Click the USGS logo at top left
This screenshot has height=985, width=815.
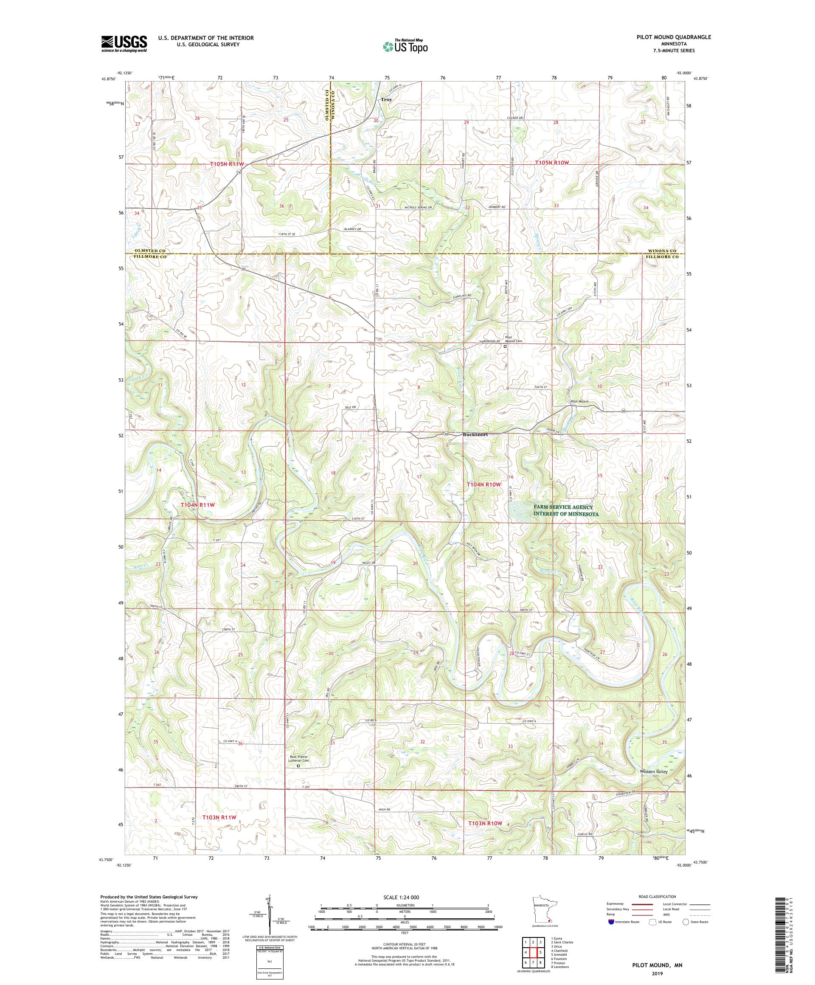(124, 44)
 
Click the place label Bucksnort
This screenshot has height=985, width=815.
(475, 434)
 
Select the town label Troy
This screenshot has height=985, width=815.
(386, 99)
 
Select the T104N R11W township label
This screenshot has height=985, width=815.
(197, 505)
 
